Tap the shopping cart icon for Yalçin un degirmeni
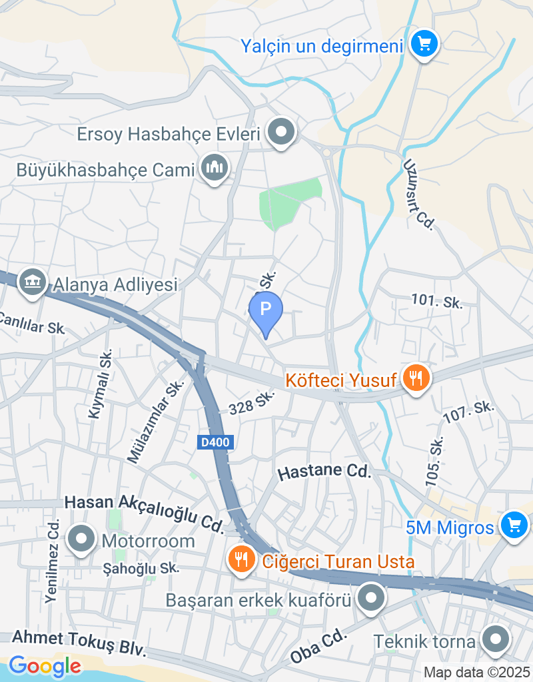pos(423,45)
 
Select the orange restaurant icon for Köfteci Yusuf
pos(416,378)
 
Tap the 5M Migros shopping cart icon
pos(513,526)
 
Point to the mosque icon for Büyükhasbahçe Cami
pos(214,169)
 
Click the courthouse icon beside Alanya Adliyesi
pos(32,282)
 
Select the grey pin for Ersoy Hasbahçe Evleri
pos(281,132)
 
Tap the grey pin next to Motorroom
pos(82,539)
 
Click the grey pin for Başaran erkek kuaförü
pos(370,599)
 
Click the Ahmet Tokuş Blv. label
pos(79,643)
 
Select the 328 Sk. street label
pos(251,404)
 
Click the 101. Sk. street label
pos(437,301)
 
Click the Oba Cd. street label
pos(320,646)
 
